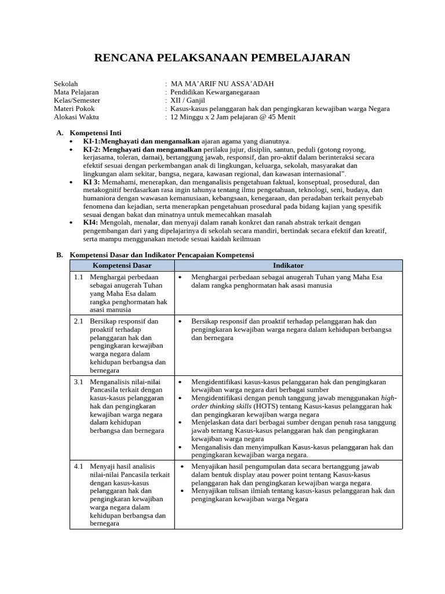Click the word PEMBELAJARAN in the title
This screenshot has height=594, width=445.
pyautogui.click(x=300, y=57)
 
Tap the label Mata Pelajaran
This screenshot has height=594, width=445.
pyautogui.click(x=76, y=92)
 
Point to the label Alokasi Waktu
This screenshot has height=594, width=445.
pyautogui.click(x=76, y=117)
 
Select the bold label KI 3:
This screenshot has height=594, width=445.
pyautogui.click(x=92, y=182)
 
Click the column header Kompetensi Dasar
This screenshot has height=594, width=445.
pyautogui.click(x=122, y=265)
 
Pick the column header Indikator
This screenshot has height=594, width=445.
pyautogui.click(x=288, y=265)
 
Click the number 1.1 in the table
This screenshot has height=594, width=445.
pyautogui.click(x=79, y=277)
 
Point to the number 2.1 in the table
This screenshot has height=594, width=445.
pyautogui.click(x=79, y=321)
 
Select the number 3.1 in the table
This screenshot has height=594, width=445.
pyautogui.click(x=79, y=382)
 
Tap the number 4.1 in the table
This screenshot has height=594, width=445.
pyautogui.click(x=79, y=466)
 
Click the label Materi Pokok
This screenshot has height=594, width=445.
pyautogui.click(x=74, y=108)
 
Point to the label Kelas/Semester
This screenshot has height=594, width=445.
pyautogui.click(x=76, y=100)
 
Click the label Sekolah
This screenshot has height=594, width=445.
pyautogui.click(x=65, y=84)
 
